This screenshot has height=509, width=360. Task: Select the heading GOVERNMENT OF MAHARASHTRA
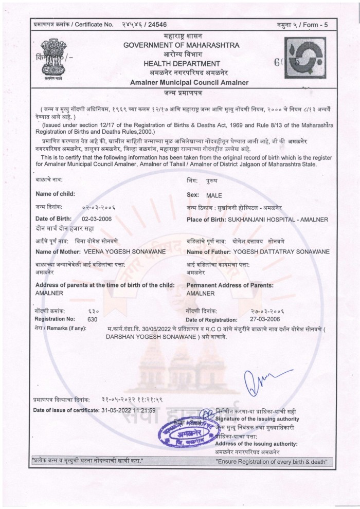[181, 46]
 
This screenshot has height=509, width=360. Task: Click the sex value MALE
[213, 196]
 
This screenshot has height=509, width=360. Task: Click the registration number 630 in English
[93, 319]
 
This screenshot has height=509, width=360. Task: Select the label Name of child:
[55, 193]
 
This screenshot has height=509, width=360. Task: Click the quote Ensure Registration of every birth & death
[272, 462]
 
